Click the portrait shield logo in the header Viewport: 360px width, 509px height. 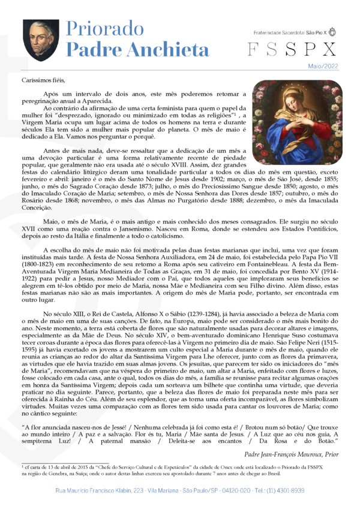tap(41, 40)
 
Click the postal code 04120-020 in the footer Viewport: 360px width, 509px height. tap(232, 490)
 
